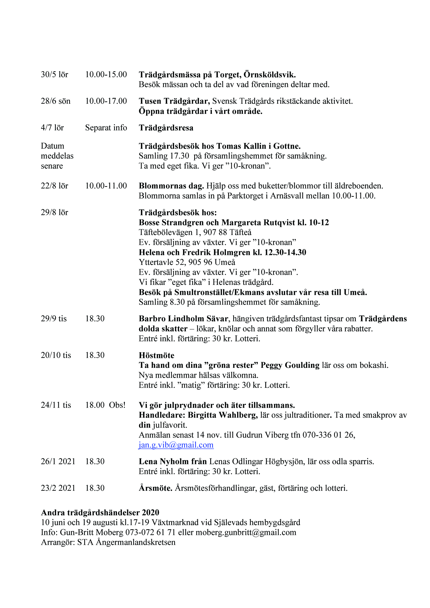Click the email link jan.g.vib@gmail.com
coord(176,445)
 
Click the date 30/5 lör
coord(54,74)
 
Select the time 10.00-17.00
coord(106,101)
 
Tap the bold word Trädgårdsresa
coord(166,128)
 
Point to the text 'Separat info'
coord(106,128)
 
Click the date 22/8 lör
coord(54,186)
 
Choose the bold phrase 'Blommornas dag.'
coord(171,186)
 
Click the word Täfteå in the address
coord(240,232)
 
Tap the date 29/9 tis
coord(54,319)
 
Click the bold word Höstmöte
coord(157,355)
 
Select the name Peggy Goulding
coord(290,365)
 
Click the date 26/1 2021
coord(58,462)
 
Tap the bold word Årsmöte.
coord(156,488)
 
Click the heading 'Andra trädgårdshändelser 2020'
coord(100,513)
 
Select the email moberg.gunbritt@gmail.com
coord(246,533)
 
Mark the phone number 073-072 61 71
coord(150,533)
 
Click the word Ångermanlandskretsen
coord(135,542)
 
